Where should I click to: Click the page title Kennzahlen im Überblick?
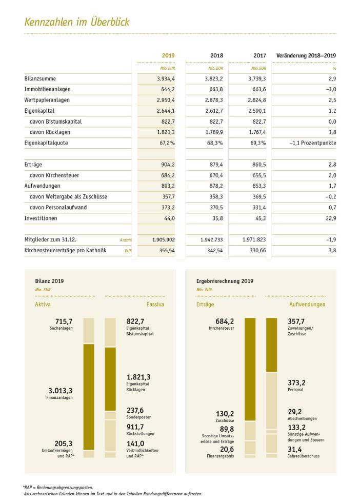77,22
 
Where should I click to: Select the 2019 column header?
168,55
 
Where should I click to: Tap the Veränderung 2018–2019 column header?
306,55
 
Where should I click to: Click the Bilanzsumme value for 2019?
166,79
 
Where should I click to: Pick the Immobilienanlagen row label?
47,89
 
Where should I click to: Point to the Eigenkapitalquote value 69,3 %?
258,143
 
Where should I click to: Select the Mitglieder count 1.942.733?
211,240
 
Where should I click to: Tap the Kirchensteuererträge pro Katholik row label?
65,250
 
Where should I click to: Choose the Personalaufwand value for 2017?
259,208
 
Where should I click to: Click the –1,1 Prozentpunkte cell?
313,143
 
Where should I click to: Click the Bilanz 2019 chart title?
50,281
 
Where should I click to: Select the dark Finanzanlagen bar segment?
89,397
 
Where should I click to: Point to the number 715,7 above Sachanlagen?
64,321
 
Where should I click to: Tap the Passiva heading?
155,305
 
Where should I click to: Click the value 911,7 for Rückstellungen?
135,427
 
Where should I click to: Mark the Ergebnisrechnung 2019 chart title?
225,281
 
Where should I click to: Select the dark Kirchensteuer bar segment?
250,369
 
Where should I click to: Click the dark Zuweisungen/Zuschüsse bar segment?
272,345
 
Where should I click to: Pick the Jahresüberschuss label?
304,456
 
